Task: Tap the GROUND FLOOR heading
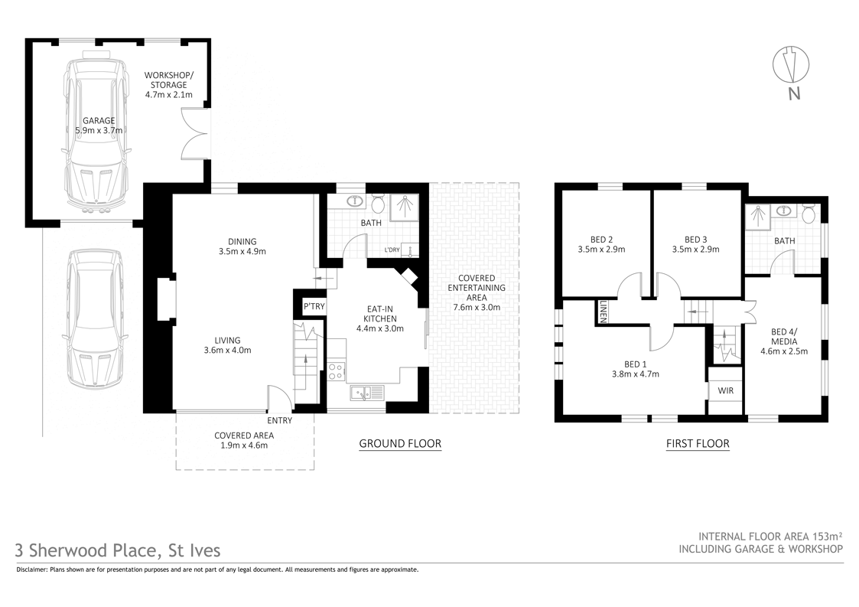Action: pyautogui.click(x=400, y=443)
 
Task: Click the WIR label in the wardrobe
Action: pyautogui.click(x=725, y=390)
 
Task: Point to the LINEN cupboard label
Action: pyautogui.click(x=604, y=311)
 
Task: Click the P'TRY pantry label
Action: pyautogui.click(x=314, y=307)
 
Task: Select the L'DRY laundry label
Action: pyautogui.click(x=392, y=250)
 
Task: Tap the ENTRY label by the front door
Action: pyautogui.click(x=279, y=420)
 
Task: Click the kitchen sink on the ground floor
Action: pyautogui.click(x=368, y=393)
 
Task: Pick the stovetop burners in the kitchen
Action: pyautogui.click(x=336, y=371)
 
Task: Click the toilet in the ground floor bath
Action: pyautogui.click(x=378, y=204)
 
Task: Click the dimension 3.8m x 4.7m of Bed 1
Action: pyautogui.click(x=635, y=374)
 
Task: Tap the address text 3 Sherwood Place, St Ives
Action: pyautogui.click(x=118, y=550)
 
